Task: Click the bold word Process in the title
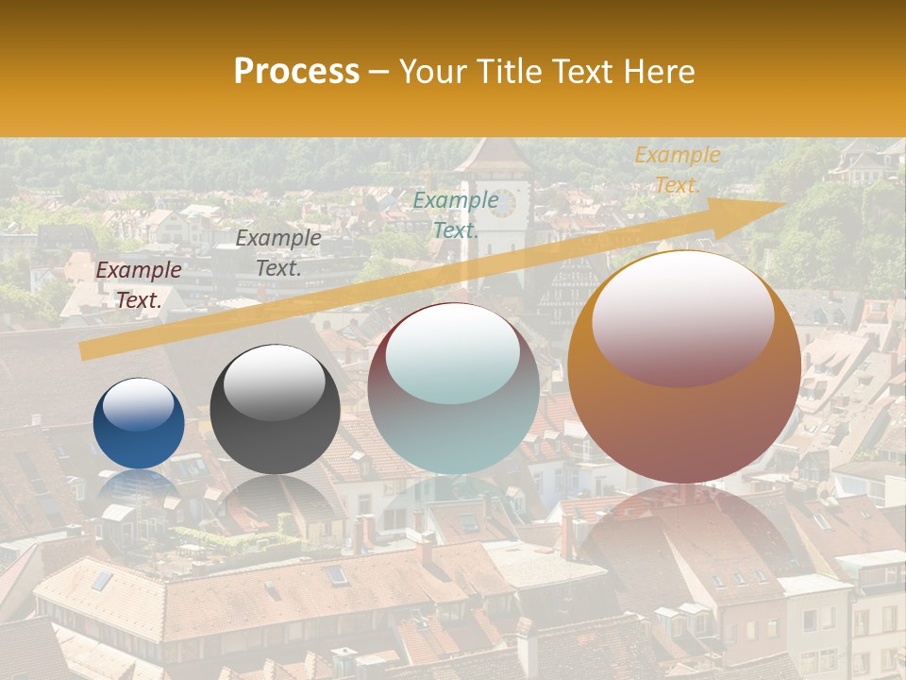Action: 296,71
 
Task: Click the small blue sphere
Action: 139,424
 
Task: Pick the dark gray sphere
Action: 275,409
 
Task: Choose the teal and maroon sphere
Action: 454,388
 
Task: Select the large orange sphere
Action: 684,366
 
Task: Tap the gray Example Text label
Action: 278,253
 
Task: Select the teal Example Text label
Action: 456,214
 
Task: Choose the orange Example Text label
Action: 677,170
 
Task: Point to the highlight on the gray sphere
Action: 275,382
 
